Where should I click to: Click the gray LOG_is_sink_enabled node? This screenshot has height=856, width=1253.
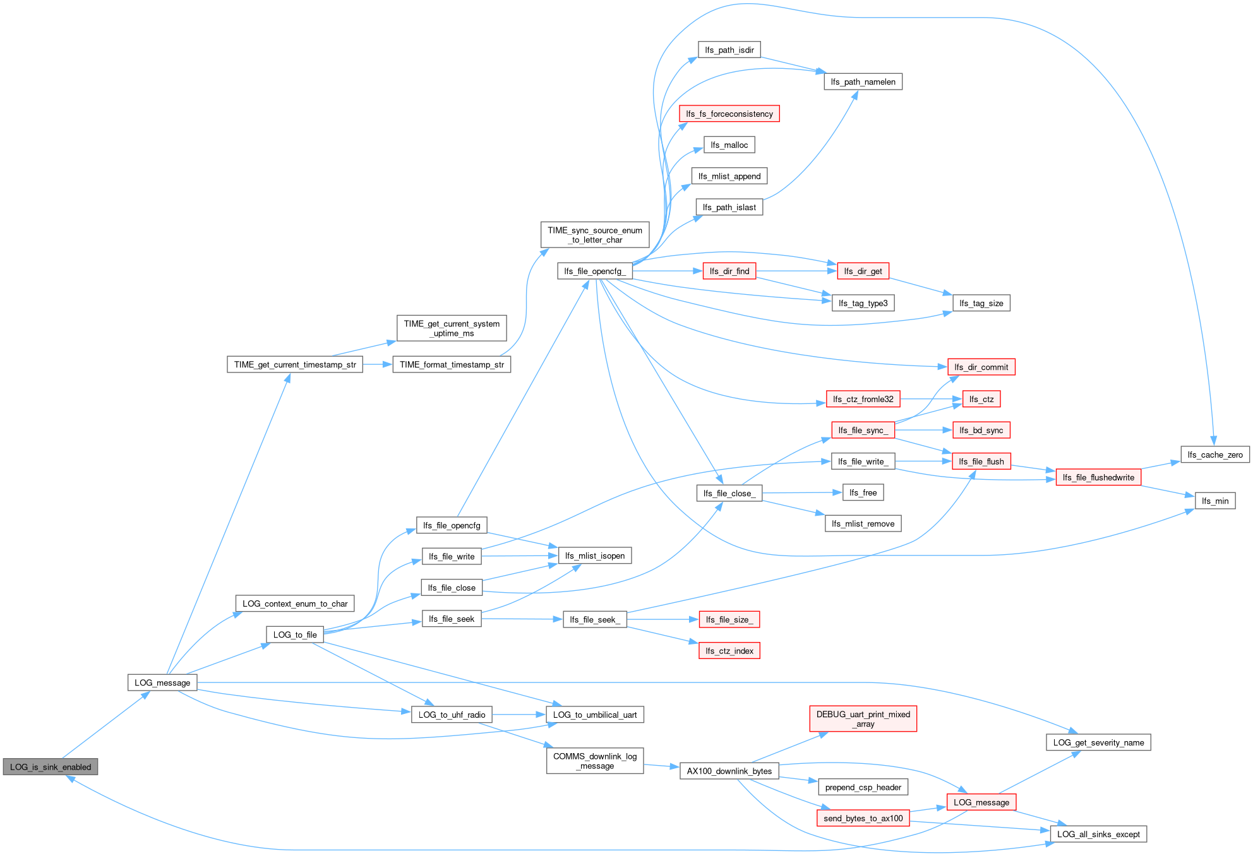pos(51,767)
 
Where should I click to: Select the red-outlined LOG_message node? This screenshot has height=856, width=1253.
pos(981,802)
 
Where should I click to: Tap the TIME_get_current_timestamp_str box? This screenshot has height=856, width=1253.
pos(295,364)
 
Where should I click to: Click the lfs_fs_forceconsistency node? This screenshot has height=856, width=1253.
pos(729,114)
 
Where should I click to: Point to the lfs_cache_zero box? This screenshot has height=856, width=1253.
pos(1215,455)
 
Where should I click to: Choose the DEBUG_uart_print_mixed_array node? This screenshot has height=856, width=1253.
pos(863,719)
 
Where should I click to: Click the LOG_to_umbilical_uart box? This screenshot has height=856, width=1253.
pos(595,715)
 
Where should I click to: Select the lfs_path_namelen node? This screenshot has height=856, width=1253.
pos(863,81)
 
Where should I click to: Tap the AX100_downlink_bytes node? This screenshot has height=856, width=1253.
pos(729,771)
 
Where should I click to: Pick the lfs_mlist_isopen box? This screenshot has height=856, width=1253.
pos(595,556)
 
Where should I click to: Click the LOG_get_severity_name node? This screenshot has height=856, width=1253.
pos(1099,742)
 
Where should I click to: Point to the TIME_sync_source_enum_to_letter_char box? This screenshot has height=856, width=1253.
pos(595,235)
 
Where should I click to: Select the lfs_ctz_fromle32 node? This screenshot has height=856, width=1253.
pos(863,399)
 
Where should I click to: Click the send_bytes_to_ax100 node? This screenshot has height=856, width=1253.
pos(863,818)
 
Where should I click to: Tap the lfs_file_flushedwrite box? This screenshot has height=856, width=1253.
pos(1099,477)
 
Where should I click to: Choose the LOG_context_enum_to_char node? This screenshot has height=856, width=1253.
pos(295,603)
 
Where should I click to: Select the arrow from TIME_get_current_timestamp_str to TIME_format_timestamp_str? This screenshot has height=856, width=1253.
pos(378,364)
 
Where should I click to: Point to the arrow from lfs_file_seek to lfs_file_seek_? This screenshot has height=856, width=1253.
pos(522,619)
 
